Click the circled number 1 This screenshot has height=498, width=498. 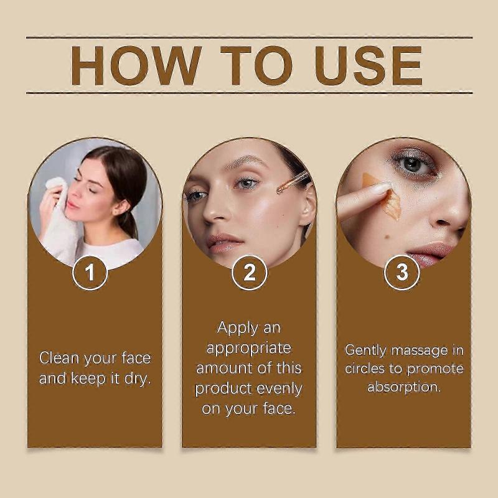coord(90,273)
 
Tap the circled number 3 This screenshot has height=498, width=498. coord(402,273)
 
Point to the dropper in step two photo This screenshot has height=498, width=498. coord(293,182)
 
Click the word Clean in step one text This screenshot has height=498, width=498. coord(59,358)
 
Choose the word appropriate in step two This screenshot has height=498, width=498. coord(248,347)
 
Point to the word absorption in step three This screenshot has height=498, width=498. coord(403,387)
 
